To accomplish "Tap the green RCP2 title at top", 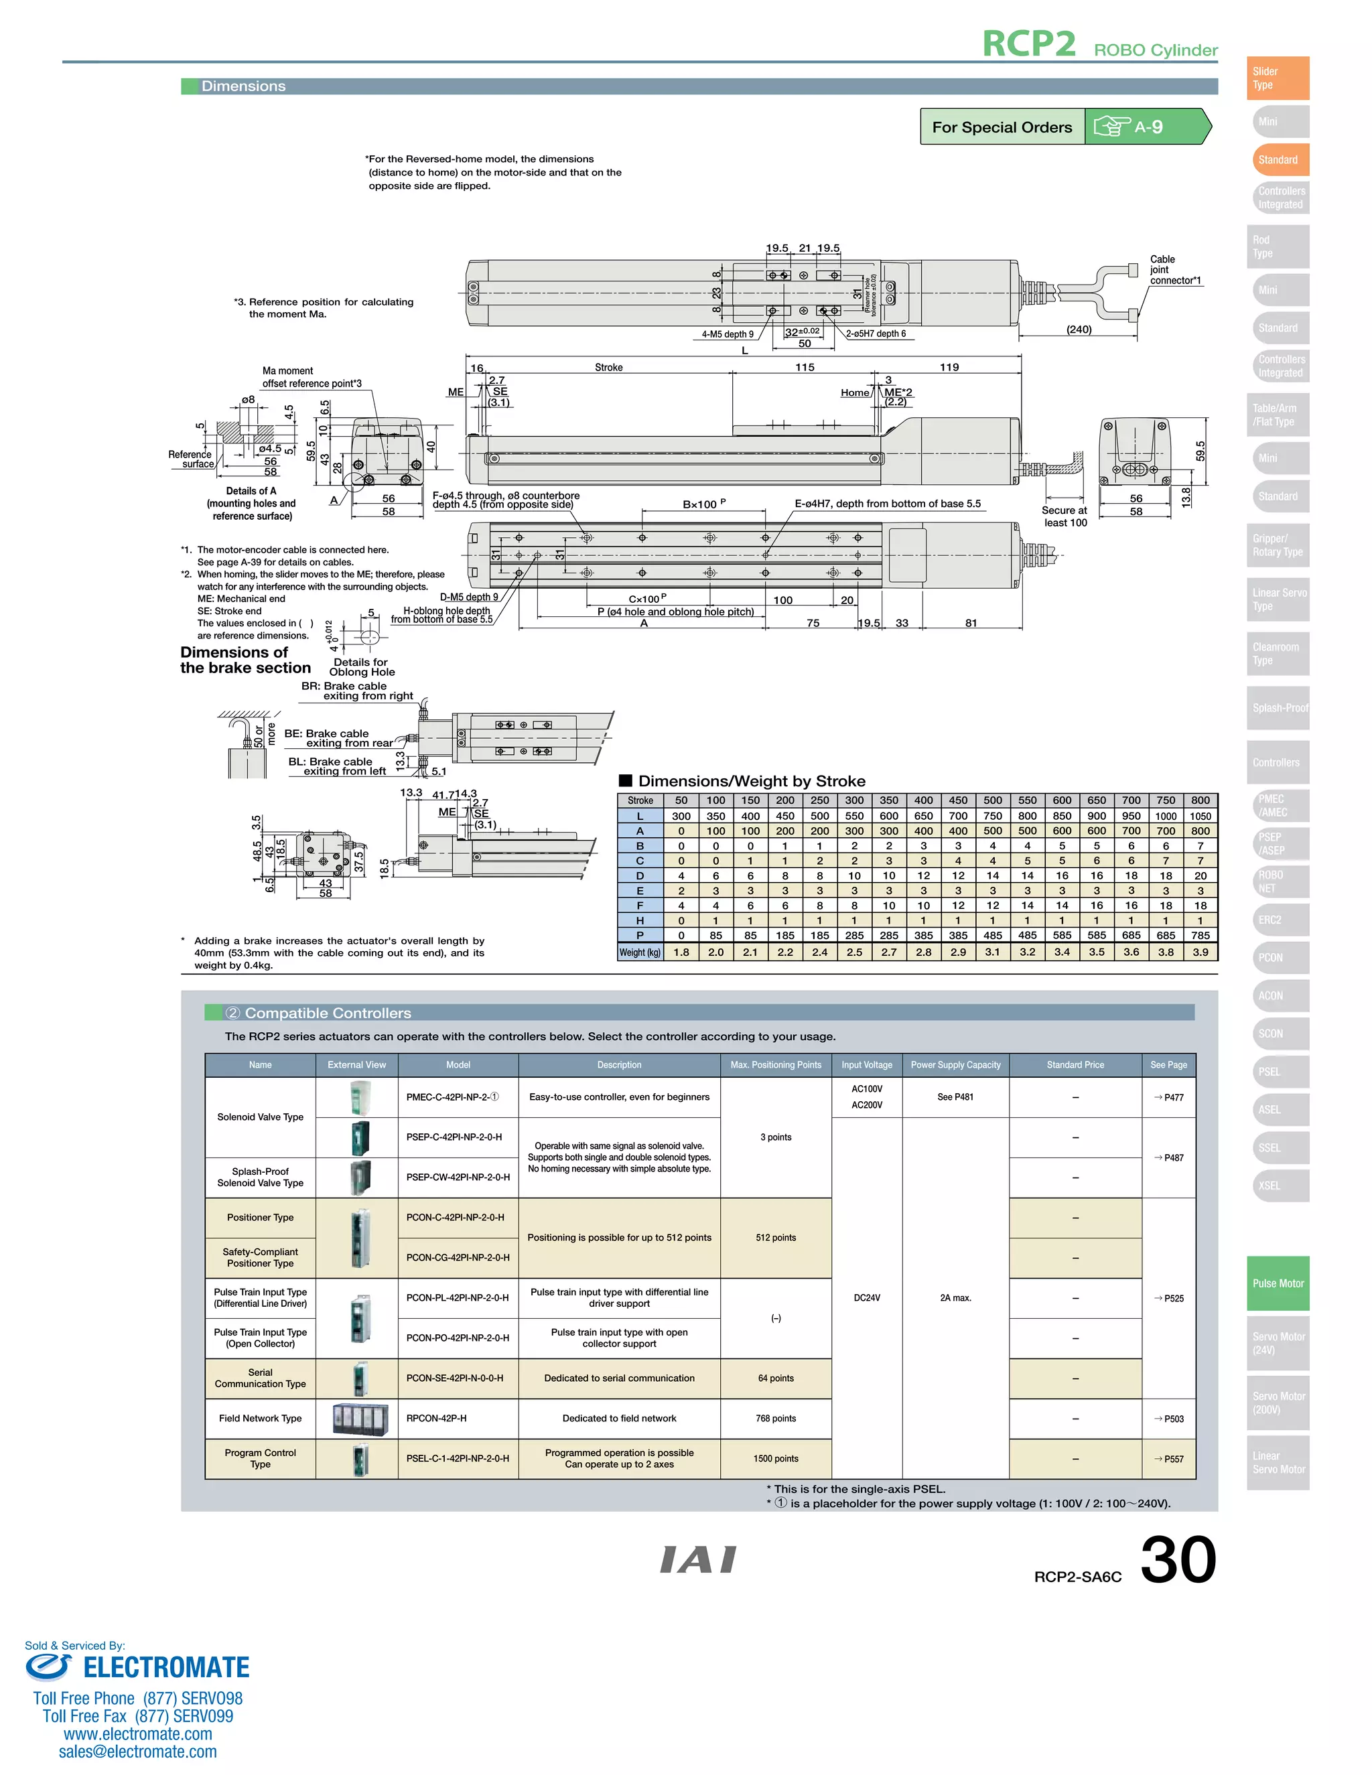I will coord(1028,45).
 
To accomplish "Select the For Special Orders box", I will coord(1002,127).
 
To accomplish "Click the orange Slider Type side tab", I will coord(1277,78).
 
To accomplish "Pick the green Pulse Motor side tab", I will coord(1278,1283).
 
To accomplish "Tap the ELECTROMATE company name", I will coord(166,1668).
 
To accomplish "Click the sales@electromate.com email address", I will coord(137,1752).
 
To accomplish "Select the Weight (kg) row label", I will coord(640,952).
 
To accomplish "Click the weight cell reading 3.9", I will coord(1200,952).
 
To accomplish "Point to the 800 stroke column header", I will coord(1200,800).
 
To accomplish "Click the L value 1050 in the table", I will coord(1200,816).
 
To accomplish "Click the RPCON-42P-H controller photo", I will coord(357,1418).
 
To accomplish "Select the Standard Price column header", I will coord(1075,1065).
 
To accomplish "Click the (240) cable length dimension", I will coord(1079,329).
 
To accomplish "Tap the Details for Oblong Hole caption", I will coord(362,667).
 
